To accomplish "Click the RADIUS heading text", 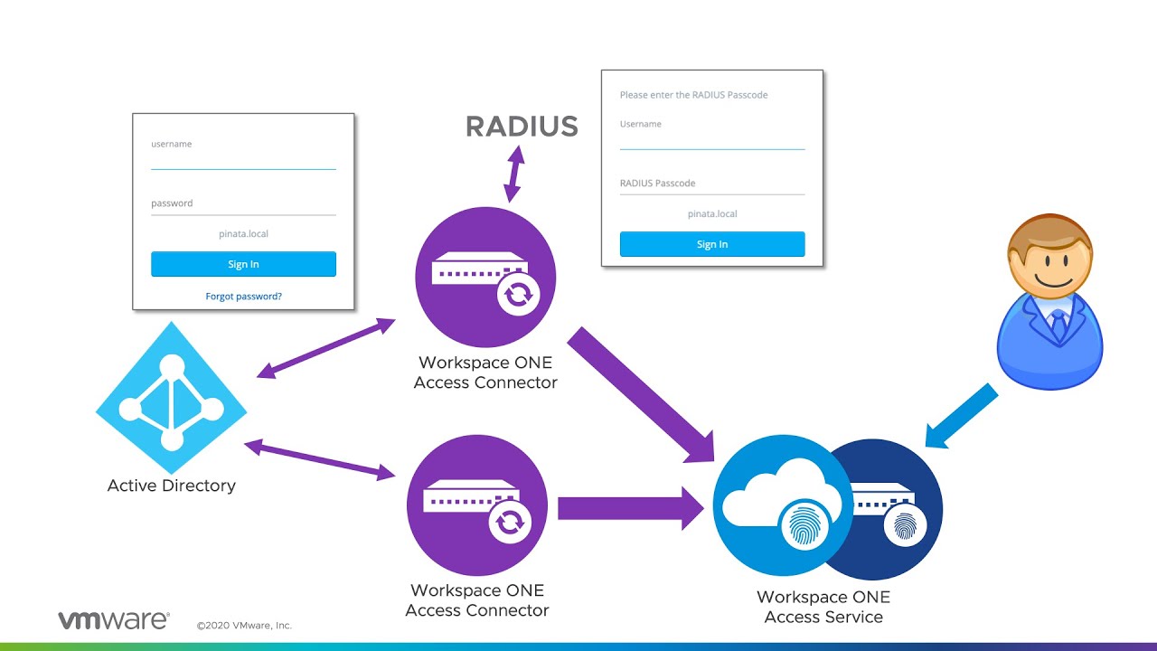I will [522, 127].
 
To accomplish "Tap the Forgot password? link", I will [243, 296].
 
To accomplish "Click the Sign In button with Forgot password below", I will [243, 264].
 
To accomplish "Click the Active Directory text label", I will [172, 486].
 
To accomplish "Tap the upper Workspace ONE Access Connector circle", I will [485, 277].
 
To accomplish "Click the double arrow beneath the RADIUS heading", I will [513, 175].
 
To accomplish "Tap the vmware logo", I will [114, 620].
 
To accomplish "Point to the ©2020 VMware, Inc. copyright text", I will [244, 626].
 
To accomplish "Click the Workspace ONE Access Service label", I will [823, 607].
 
